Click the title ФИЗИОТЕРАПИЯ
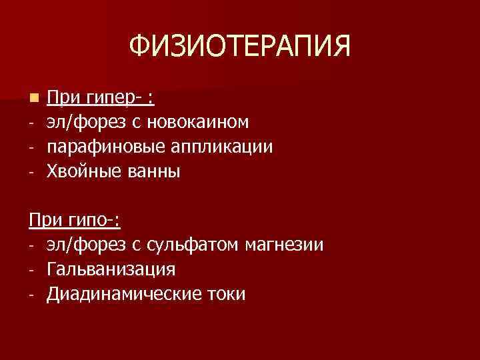(x=239, y=47)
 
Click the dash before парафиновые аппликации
(x=31, y=147)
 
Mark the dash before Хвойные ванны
(x=31, y=172)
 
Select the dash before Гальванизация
(x=31, y=271)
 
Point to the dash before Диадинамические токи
(x=31, y=295)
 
